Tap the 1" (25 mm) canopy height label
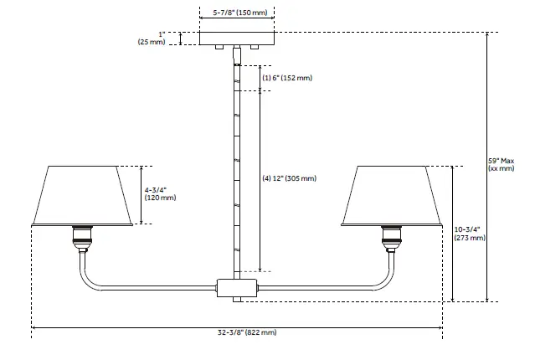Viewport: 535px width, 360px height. click(156, 38)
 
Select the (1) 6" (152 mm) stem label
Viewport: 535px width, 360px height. click(287, 78)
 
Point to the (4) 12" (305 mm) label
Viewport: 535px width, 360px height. click(290, 178)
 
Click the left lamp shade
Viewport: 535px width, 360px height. click(82, 195)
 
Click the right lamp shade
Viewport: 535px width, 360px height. click(392, 195)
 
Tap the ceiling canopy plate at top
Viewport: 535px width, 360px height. click(238, 39)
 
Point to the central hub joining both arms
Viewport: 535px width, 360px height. click(238, 287)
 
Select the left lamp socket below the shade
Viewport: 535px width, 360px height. click(82, 239)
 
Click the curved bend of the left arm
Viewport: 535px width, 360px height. click(89, 276)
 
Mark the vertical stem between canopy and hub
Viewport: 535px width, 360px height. click(238, 167)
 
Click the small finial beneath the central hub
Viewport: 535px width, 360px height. click(238, 299)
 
